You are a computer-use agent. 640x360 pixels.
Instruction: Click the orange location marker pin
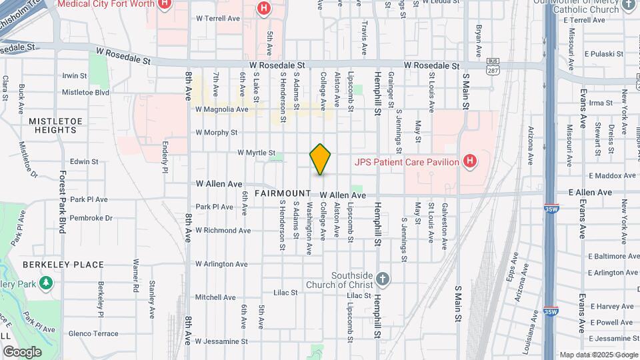321,159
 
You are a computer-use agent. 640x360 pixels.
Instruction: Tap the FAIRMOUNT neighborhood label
282,193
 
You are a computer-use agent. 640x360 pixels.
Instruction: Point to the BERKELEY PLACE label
63,265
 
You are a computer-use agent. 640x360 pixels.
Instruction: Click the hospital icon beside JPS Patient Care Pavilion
470,161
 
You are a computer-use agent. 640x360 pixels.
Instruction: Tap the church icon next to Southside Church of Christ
382,279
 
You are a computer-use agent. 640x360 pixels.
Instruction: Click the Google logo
22,352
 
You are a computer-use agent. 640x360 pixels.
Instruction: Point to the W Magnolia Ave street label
222,109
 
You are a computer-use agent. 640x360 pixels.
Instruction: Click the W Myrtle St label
256,153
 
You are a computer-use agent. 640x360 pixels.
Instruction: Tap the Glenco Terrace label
93,334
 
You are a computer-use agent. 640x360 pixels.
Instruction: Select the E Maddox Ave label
612,176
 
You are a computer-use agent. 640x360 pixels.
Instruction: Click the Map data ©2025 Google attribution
598,355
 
